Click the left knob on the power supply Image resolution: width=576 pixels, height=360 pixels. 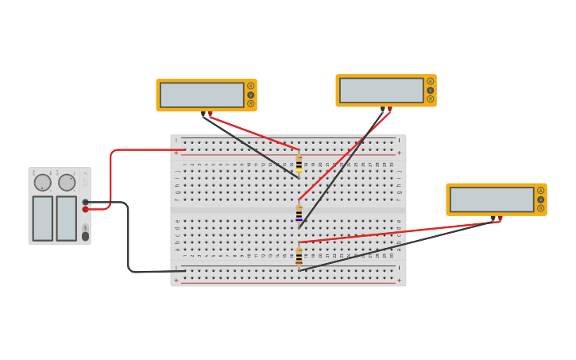43,183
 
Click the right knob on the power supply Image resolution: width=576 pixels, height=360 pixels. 67,183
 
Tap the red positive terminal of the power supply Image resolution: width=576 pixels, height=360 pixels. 85,209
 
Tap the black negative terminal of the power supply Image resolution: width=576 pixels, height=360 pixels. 85,202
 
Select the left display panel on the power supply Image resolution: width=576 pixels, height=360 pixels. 43,218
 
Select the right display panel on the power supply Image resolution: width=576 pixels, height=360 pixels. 67,218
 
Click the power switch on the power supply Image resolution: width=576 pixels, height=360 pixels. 85,236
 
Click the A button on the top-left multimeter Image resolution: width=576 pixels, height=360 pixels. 250,86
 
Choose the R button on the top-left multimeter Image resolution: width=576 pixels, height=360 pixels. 250,103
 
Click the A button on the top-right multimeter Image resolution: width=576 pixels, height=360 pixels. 430,81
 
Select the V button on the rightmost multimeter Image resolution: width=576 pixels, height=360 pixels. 540,199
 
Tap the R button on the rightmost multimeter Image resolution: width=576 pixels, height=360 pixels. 540,208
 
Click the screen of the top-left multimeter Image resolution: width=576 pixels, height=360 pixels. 202,95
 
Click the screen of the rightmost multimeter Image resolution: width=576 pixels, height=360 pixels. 492,199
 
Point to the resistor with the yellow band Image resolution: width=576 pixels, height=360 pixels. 299,163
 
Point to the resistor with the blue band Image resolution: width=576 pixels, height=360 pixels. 299,215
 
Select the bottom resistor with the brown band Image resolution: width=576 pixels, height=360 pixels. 299,257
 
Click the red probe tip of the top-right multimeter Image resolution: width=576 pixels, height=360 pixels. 389,110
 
